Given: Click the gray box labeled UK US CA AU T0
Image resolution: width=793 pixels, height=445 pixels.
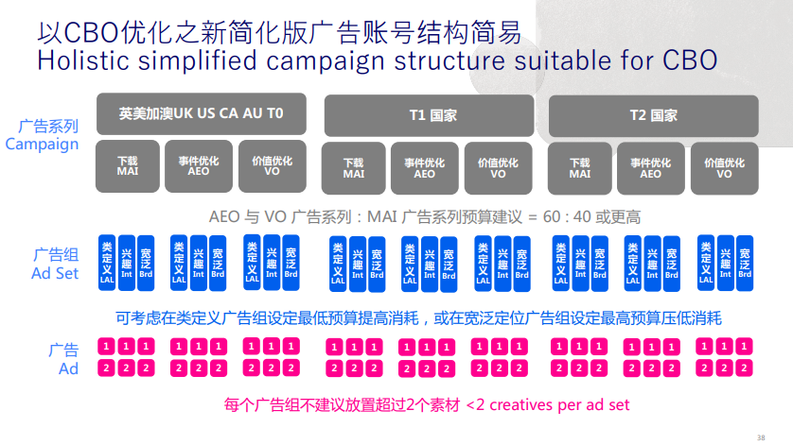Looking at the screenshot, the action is pos(202,113).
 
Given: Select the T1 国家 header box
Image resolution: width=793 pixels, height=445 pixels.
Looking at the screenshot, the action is pos(429,115).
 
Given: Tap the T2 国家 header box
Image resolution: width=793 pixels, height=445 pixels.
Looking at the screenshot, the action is pos(653,115).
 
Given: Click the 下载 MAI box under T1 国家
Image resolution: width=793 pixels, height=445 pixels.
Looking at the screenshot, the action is pos(354,168).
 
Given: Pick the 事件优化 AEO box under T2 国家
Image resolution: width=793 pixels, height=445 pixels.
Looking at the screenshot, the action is pos(651,168).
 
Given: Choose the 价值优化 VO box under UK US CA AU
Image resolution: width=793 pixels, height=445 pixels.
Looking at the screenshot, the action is pos(273,166).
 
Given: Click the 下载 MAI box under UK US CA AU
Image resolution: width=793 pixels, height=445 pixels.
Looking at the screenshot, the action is pos(128,166).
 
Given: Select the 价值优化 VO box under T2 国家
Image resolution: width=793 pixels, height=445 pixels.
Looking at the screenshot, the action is pos(724,168).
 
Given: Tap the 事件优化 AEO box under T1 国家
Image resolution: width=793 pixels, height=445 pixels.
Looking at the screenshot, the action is pos(424,168).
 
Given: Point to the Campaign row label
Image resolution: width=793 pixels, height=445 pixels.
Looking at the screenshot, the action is pos(42,144).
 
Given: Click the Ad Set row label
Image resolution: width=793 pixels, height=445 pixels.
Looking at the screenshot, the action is pos(55,273).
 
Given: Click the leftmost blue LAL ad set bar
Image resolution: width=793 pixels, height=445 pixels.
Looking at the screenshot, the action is pos(107,263).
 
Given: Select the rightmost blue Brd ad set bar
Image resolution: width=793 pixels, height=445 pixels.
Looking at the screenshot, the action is pos(745,263).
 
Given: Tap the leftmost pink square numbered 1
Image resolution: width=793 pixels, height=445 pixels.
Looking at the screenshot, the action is pos(106,346).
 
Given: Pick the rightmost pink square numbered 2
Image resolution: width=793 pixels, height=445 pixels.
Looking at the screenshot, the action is pos(744,368).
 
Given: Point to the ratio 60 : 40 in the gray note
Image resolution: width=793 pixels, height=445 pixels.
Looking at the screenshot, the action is pos(567,216).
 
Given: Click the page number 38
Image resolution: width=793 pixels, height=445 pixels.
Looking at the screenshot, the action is pos(761,437).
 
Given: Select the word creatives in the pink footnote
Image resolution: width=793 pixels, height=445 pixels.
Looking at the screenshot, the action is pos(521,404).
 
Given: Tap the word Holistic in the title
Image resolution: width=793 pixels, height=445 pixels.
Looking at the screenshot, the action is pos(83,60).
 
